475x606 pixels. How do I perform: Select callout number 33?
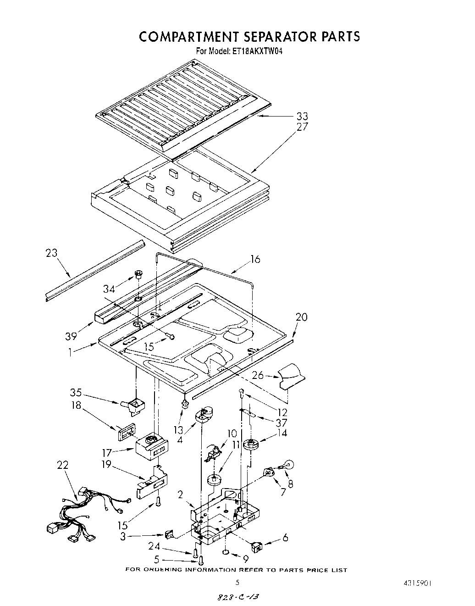tap(302, 116)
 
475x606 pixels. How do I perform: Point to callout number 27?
tap(302, 127)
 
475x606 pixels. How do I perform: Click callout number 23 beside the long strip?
tap(52, 253)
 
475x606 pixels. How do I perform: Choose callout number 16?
tap(255, 259)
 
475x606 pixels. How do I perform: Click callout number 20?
tap(301, 317)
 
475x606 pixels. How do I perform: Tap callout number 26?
tap(258, 375)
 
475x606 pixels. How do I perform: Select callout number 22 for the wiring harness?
tap(62, 465)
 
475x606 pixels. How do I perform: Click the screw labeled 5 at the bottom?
tap(200, 559)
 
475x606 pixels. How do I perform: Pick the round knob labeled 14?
tap(250, 444)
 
